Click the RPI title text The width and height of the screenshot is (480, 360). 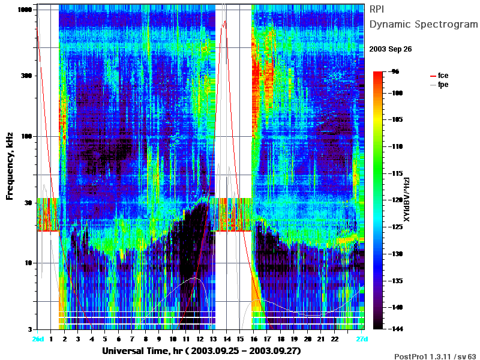point(377,9)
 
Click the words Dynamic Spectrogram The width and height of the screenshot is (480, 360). point(424,24)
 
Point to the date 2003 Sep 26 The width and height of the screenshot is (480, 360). point(391,49)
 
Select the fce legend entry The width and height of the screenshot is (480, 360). point(439,76)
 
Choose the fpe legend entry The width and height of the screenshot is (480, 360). point(439,85)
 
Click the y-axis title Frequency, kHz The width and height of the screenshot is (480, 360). point(10,166)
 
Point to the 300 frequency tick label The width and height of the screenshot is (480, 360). point(26,76)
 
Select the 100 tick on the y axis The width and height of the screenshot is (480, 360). point(26,136)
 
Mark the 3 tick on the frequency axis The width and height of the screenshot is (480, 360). point(30,329)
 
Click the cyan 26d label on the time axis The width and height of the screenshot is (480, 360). point(38,339)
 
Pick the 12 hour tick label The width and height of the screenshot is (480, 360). point(200,339)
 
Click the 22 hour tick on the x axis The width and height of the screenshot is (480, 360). point(335,339)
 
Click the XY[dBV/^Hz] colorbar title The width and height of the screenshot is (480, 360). point(407,199)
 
